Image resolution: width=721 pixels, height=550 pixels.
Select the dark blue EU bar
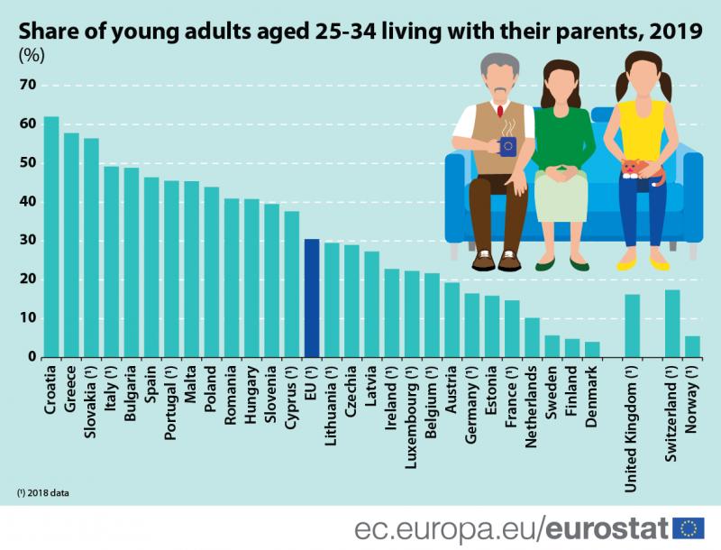(311, 298)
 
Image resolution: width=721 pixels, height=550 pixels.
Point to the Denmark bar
(592, 350)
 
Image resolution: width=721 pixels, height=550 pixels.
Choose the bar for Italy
(112, 261)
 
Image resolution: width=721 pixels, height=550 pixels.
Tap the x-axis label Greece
(71, 388)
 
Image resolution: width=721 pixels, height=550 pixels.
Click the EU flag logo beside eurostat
(689, 527)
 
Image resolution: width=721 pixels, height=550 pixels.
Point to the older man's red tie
(498, 112)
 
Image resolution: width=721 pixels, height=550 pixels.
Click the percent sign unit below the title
(32, 55)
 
